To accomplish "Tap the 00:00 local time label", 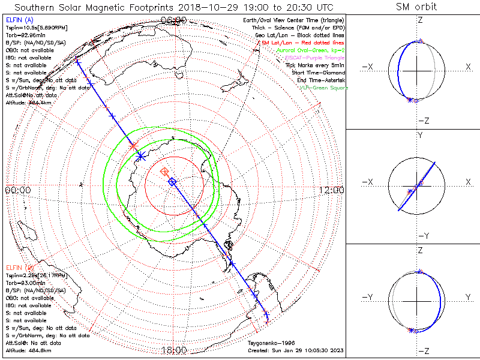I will [17, 190].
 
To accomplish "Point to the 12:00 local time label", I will [331, 190].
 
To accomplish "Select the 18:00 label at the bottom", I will [174, 350].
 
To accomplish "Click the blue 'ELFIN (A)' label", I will [19, 19].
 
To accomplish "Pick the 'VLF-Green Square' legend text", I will [323, 88].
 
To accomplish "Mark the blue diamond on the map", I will [172, 181].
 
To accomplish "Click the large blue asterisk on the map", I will [140, 156].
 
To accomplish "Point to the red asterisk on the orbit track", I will [133, 146].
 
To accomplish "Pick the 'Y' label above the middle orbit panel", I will [419, 136].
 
